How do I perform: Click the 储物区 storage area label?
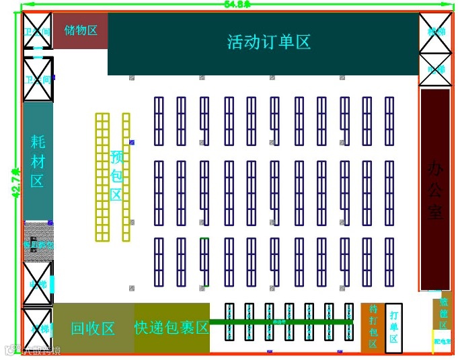(81, 30)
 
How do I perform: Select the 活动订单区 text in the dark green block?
(268, 42)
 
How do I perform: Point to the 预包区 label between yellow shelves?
(116, 176)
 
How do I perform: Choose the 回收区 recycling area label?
(93, 328)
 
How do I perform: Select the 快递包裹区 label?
(172, 328)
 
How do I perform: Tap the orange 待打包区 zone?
(373, 326)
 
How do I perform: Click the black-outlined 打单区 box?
(394, 326)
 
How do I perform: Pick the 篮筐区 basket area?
(443, 314)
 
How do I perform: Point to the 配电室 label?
(443, 341)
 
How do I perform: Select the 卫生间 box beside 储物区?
(38, 31)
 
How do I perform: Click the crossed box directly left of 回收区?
(38, 330)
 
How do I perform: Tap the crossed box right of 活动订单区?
(436, 31)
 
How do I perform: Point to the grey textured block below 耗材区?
(38, 242)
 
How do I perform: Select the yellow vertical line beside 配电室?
(432, 341)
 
